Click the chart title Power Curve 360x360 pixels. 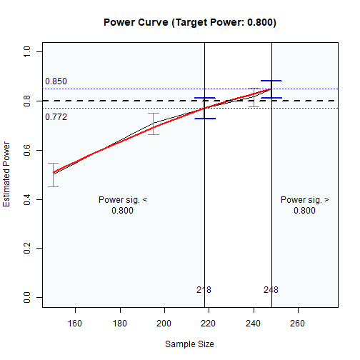[x=190, y=22]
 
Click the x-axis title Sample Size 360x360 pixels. [x=190, y=344]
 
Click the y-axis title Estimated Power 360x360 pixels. [x=7, y=174]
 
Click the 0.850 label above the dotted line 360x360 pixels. [x=56, y=81]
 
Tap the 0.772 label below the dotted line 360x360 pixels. [x=56, y=116]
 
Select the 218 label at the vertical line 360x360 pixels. [x=204, y=289]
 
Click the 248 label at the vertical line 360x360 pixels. [x=271, y=289]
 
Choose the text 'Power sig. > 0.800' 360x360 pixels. [x=304, y=205]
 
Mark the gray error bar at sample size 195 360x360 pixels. [x=154, y=124]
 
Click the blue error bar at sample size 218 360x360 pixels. [x=205, y=108]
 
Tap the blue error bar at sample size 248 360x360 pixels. [x=271, y=89]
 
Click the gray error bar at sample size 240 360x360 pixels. [x=254, y=97]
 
